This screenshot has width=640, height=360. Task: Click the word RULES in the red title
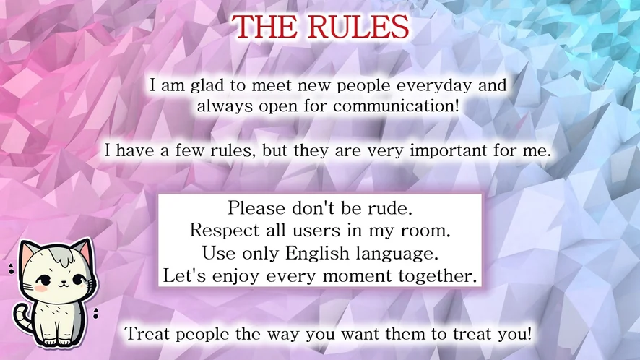(x=358, y=27)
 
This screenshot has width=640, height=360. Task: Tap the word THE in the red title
(x=265, y=27)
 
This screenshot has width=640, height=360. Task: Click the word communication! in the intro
(x=396, y=106)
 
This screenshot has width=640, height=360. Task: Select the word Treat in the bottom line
(x=147, y=334)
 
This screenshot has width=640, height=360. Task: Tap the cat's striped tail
(x=22, y=317)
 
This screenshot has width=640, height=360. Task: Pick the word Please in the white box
(x=256, y=208)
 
